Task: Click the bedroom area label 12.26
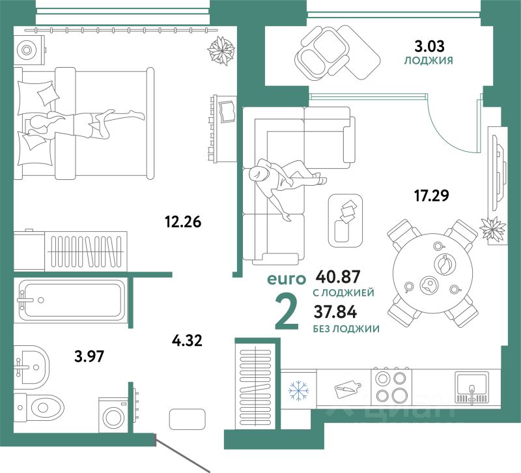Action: click(183, 222)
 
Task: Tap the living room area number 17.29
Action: click(432, 193)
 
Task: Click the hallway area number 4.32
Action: click(188, 339)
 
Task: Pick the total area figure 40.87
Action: click(337, 277)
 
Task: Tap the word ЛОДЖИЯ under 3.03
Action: click(429, 61)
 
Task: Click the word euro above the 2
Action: click(286, 279)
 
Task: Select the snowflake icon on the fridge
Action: click(298, 391)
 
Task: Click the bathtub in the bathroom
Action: click(72, 299)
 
